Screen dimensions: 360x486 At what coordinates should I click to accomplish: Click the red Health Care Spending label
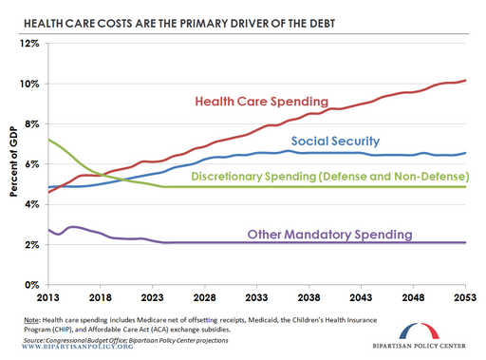pyautogui.click(x=261, y=101)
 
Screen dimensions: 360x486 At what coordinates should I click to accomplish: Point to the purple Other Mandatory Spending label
pyautogui.click(x=329, y=234)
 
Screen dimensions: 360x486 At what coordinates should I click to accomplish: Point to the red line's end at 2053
pyautogui.click(x=465, y=80)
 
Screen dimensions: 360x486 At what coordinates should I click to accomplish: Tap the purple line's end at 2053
pyautogui.click(x=465, y=242)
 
